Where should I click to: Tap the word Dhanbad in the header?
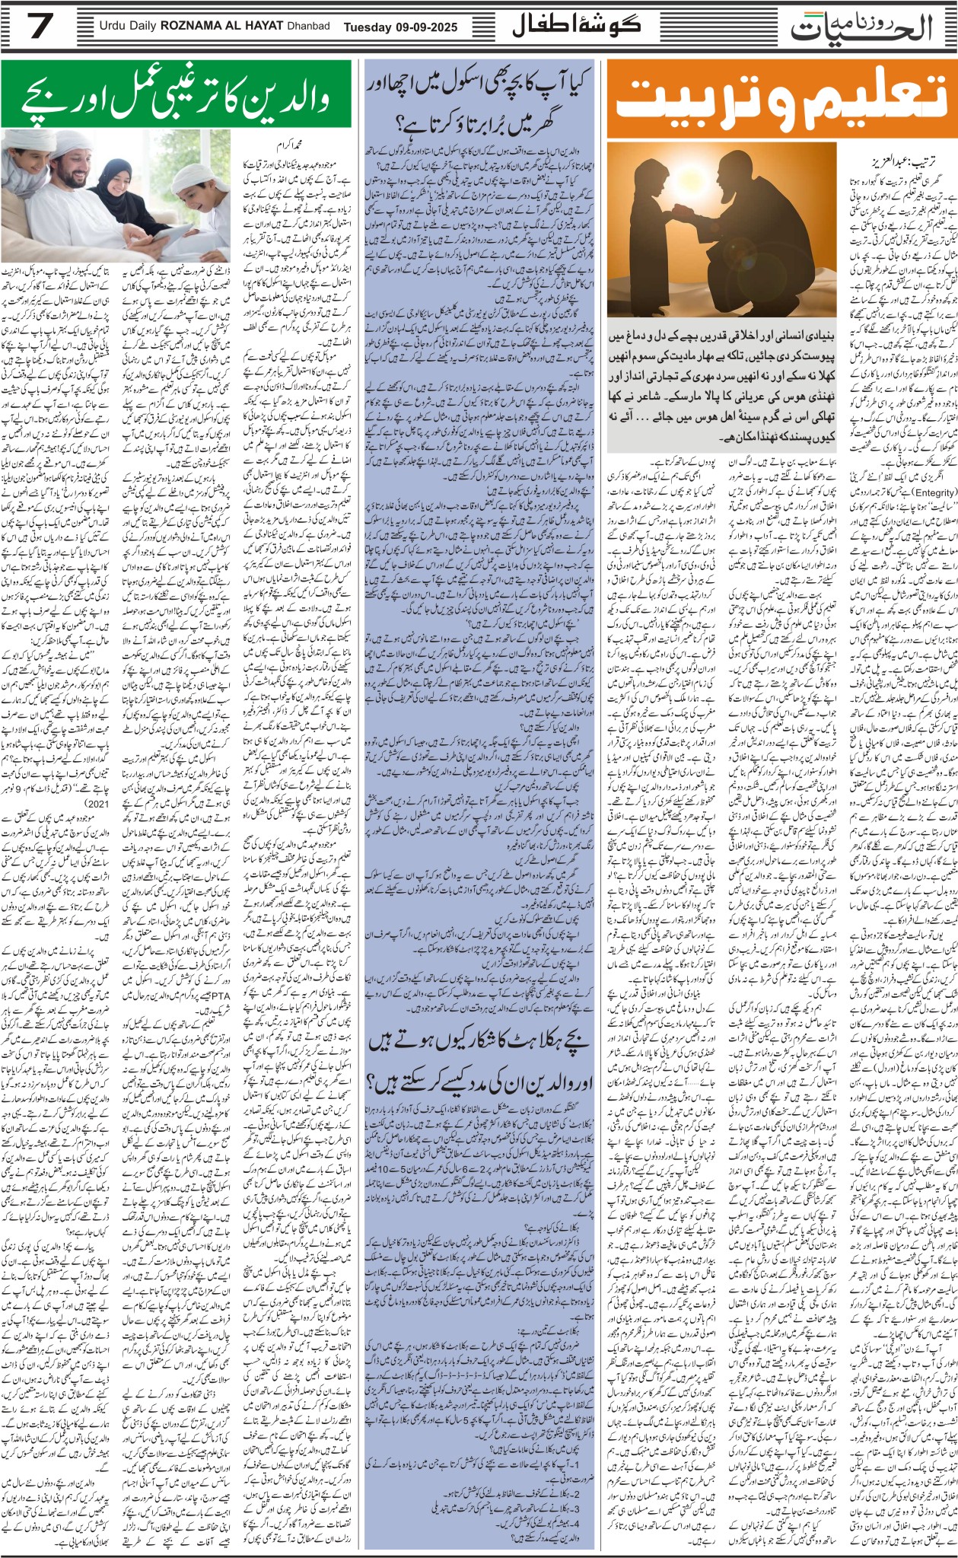[308, 27]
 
